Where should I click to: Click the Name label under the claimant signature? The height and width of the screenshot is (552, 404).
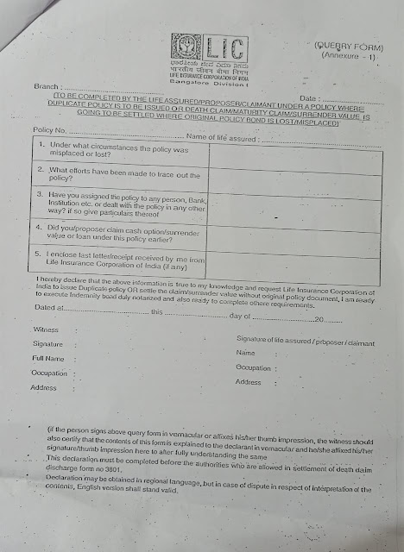[245, 354]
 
